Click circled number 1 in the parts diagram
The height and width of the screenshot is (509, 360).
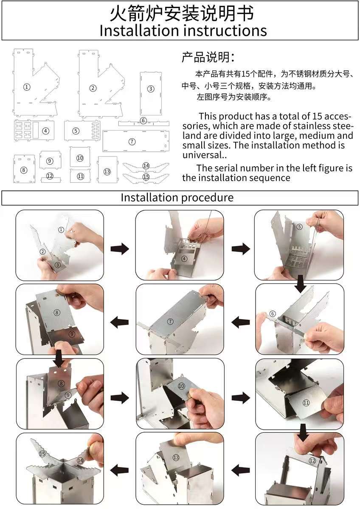[27, 87]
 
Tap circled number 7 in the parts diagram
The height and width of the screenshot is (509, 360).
[132, 142]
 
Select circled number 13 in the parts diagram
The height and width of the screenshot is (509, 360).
[107, 171]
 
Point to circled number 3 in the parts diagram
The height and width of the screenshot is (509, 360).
[151, 89]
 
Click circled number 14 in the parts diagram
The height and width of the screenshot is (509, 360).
[146, 165]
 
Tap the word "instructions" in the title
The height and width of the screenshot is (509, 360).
[223, 31]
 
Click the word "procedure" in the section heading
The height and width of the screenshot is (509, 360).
[208, 198]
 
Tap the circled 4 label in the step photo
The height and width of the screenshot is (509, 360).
[185, 258]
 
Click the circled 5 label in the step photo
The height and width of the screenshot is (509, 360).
[300, 227]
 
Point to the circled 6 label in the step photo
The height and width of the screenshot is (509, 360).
[273, 314]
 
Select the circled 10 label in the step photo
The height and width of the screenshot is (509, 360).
[181, 386]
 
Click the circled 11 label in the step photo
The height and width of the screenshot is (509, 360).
[306, 403]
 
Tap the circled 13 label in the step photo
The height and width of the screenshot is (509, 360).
[176, 457]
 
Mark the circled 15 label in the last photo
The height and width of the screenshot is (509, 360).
[42, 454]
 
